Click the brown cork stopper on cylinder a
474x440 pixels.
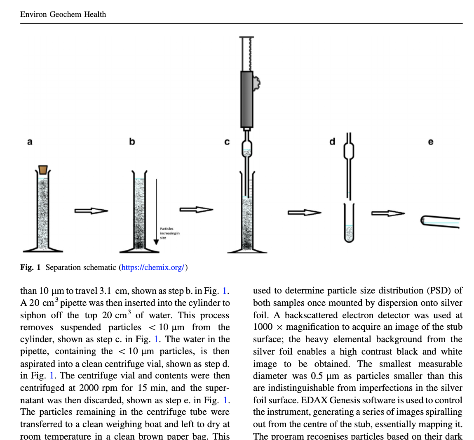[43, 170]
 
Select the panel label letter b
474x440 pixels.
[132, 142]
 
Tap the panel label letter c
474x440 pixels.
[227, 142]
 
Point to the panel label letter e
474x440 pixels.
[431, 142]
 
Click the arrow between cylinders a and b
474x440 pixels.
[91, 211]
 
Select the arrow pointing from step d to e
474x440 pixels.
[388, 213]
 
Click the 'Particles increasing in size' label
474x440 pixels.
[169, 233]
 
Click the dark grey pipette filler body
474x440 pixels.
[247, 99]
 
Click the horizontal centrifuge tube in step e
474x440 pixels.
[440, 222]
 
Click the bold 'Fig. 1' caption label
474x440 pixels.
[30, 267]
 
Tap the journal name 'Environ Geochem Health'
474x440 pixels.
[63, 14]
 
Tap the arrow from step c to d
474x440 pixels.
[304, 213]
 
